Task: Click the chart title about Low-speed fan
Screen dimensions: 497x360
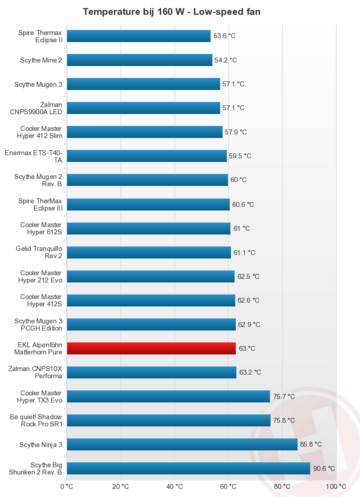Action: point(171,12)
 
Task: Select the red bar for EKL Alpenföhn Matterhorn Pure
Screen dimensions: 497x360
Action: point(151,348)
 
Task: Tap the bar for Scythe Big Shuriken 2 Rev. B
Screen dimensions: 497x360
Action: point(189,468)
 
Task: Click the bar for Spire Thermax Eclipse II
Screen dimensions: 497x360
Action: point(139,36)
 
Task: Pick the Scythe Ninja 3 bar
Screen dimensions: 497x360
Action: point(182,444)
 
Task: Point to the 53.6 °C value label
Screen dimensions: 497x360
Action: point(225,36)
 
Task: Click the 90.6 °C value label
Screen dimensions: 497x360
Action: point(324,468)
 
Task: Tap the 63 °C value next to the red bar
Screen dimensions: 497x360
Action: point(247,348)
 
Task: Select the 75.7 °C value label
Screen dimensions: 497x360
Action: point(284,396)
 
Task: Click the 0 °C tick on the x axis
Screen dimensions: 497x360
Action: point(67,486)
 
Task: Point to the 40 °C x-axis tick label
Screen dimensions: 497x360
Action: point(175,486)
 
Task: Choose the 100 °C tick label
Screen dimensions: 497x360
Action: point(336,486)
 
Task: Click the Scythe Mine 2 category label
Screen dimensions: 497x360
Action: point(41,60)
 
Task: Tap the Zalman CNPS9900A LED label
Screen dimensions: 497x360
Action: point(36,108)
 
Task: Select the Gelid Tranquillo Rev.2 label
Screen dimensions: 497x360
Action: point(39,252)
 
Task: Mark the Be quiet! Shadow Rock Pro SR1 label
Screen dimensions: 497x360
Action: point(36,420)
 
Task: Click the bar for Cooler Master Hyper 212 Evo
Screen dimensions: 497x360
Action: point(151,276)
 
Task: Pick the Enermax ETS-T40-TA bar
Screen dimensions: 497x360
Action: point(147,156)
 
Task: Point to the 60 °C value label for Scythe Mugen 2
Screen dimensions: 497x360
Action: point(238,180)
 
